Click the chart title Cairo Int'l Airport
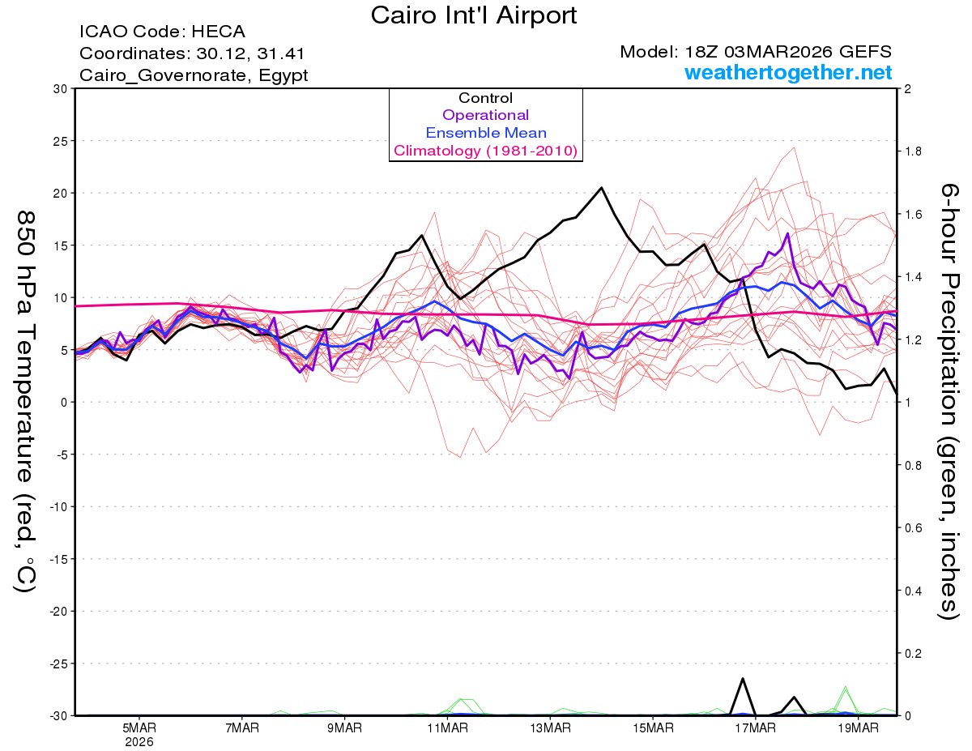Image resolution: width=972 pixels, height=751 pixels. point(474,15)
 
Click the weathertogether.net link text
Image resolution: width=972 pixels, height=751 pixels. point(788,73)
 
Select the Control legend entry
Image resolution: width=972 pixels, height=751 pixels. point(486,98)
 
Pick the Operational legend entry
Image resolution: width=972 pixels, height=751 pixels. point(486,115)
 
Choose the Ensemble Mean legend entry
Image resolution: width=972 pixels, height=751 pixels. point(486,133)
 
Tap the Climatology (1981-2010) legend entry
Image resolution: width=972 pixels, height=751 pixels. point(486,151)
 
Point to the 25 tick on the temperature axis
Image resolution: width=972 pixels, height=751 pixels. point(59,141)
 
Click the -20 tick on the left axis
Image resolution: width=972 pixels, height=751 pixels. point(57,611)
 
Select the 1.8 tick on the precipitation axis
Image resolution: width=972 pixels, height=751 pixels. point(914,151)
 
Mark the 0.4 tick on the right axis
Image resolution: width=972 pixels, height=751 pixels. point(914,591)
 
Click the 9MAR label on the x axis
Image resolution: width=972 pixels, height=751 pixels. point(344,728)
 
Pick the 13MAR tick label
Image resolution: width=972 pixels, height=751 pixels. point(550,728)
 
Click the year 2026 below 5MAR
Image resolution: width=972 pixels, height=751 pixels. point(139,741)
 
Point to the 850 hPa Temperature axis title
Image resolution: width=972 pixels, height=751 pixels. point(26,401)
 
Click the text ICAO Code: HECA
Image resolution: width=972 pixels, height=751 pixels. point(162,32)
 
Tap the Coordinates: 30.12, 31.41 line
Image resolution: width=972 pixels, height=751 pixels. point(193,53)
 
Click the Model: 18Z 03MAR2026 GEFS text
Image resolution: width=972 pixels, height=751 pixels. point(756,52)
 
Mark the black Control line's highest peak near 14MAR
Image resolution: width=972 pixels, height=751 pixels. point(601,188)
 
